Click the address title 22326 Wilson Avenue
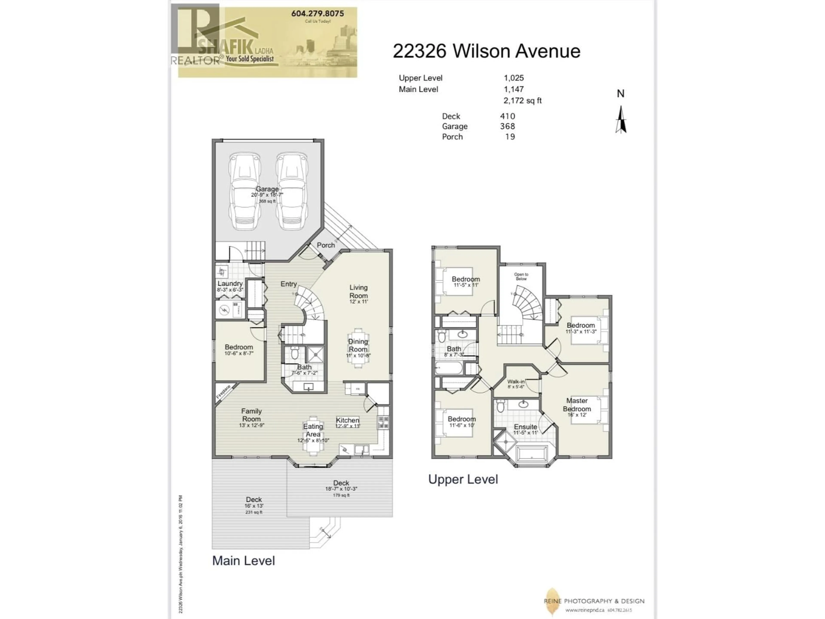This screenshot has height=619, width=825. click(x=486, y=51)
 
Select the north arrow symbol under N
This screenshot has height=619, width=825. click(x=621, y=120)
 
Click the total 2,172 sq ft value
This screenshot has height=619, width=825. click(x=522, y=100)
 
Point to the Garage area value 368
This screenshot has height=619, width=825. click(x=507, y=126)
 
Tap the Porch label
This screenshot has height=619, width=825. click(x=326, y=245)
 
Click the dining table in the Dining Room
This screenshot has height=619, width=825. click(x=358, y=348)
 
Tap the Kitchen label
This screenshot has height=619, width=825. click(x=347, y=420)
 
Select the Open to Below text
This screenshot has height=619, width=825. click(x=521, y=276)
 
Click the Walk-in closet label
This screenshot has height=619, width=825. click(x=516, y=382)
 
